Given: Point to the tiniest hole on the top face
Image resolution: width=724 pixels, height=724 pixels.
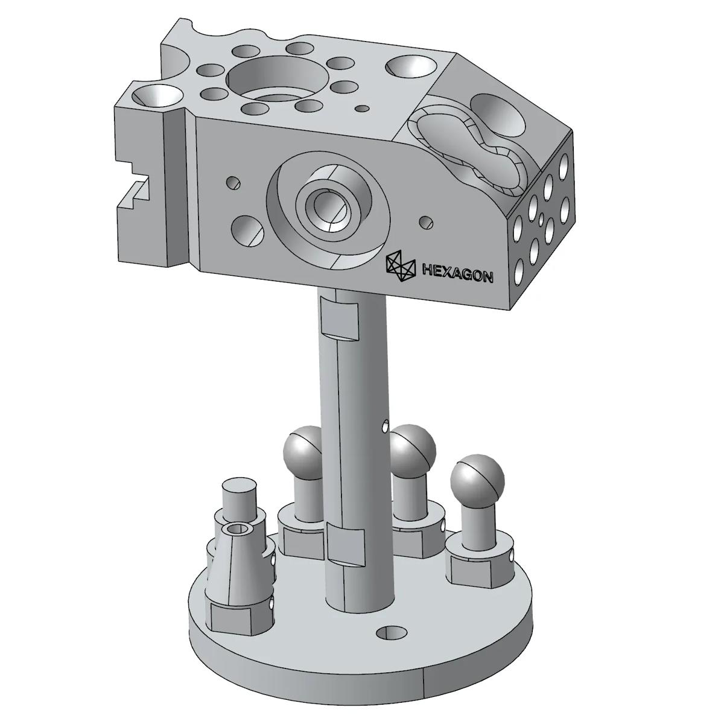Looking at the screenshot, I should (362, 109).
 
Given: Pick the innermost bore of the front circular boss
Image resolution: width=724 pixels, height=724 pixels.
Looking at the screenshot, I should (326, 208).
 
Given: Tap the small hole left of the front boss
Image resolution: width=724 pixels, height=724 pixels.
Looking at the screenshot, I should (233, 182).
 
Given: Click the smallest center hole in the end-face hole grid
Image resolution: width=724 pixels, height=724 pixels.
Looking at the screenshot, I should (542, 217).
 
